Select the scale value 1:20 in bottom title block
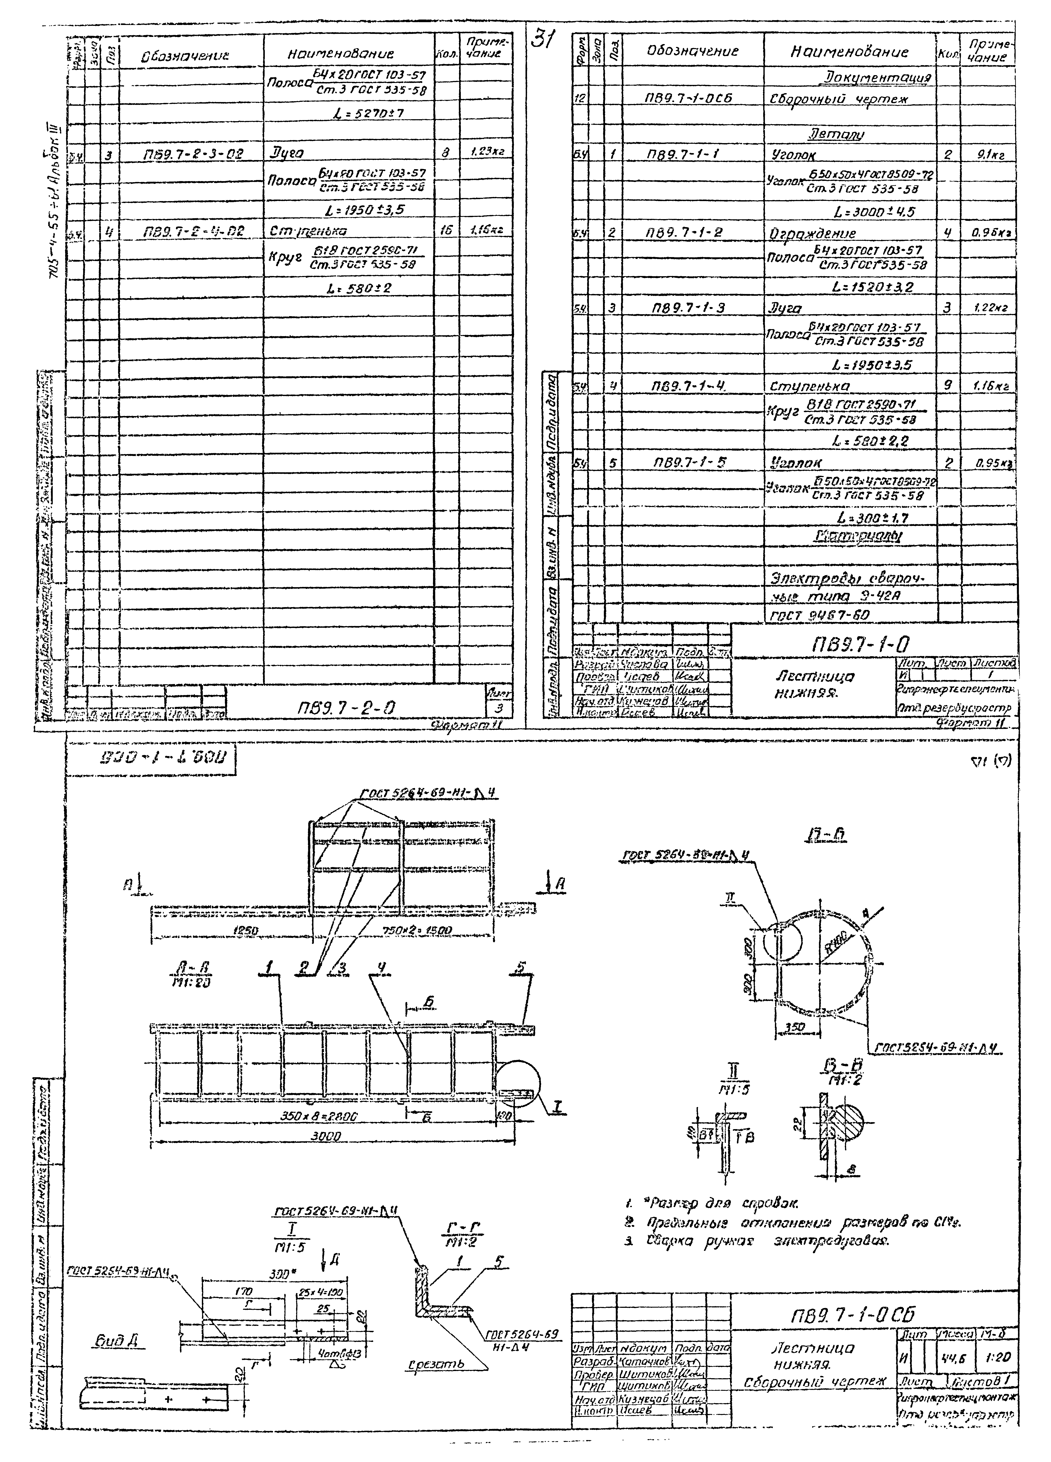[998, 1340]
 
